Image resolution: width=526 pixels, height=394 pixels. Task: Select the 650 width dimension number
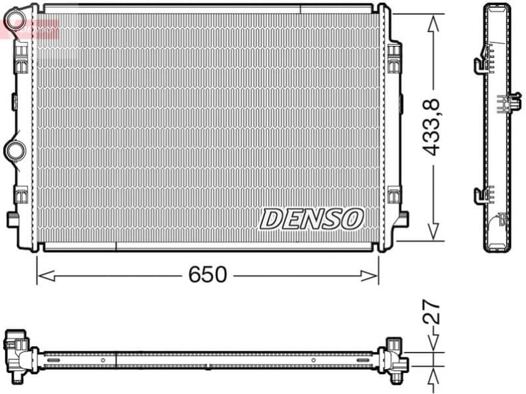pyautogui.click(x=207, y=274)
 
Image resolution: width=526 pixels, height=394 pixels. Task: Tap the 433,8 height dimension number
pyautogui.click(x=431, y=127)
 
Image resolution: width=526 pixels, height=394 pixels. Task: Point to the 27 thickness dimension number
pyautogui.click(x=431, y=314)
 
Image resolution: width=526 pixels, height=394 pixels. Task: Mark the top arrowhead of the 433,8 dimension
pyautogui.click(x=432, y=22)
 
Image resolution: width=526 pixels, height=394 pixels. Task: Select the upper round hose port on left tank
pyautogui.click(x=14, y=25)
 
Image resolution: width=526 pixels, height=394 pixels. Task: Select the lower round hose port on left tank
pyautogui.click(x=14, y=150)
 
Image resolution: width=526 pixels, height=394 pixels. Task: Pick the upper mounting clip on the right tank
pyautogui.click(x=394, y=56)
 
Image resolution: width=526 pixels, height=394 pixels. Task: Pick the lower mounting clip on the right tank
pyautogui.click(x=394, y=195)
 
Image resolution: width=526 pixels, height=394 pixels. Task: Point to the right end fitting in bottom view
pyautogui.click(x=394, y=358)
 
